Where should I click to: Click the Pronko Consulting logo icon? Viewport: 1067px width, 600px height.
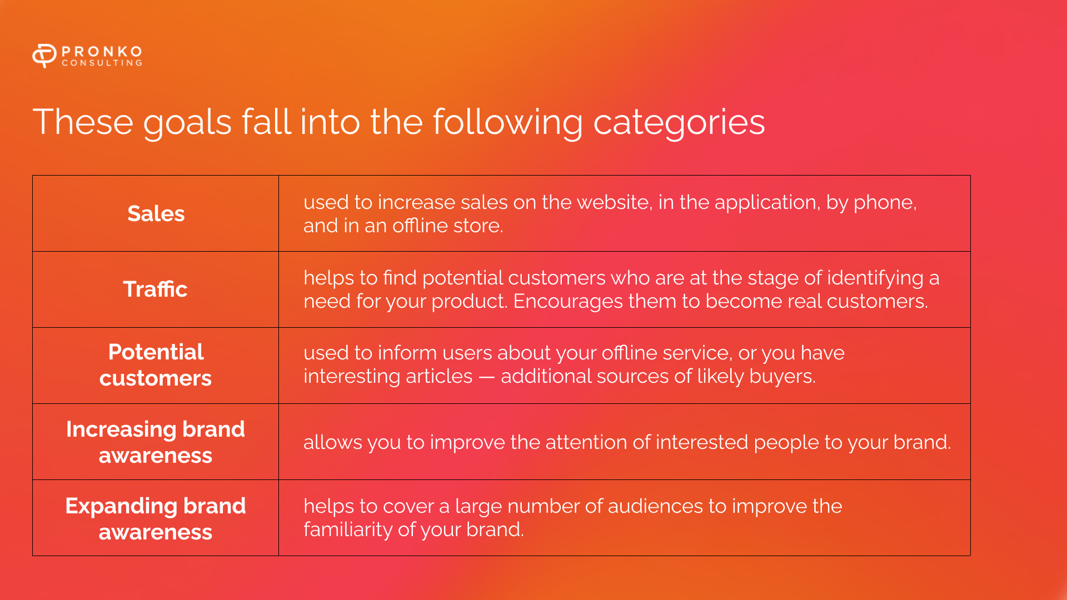click(x=44, y=56)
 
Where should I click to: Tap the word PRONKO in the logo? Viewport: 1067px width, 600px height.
click(x=102, y=51)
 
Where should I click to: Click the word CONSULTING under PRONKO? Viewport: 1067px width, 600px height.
click(x=102, y=63)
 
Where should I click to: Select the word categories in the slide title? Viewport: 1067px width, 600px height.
click(x=679, y=123)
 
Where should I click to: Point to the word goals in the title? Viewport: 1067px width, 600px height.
click(x=187, y=123)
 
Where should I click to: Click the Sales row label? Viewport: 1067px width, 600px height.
click(x=156, y=213)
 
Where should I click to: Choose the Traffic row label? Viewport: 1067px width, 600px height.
click(x=155, y=289)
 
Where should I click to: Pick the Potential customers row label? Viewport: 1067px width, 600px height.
click(x=156, y=365)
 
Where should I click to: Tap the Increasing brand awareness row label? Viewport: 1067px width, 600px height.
click(x=156, y=442)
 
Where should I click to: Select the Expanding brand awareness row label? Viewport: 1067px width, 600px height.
click(x=156, y=518)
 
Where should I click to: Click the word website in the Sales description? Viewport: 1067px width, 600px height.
click(x=614, y=202)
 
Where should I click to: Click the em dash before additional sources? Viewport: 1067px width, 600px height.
click(x=487, y=377)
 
